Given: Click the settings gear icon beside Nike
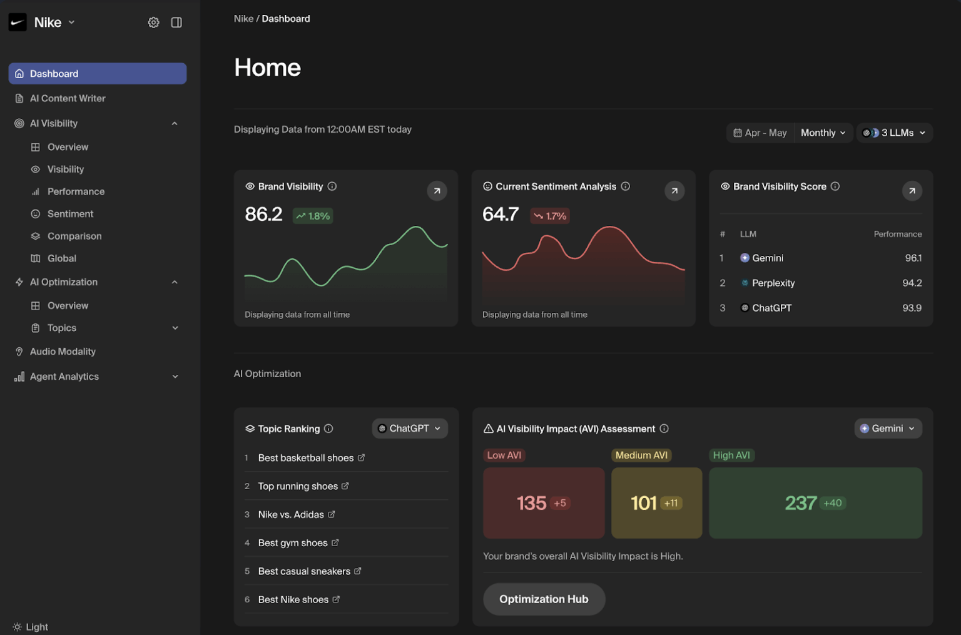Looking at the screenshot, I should coord(153,23).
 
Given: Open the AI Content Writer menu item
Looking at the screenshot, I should coord(68,98).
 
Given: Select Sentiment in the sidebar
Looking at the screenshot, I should coord(70,214).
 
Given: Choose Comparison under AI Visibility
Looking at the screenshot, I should coord(74,236).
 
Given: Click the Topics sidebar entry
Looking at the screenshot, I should coord(62,328).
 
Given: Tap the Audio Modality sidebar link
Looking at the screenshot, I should coord(63,352).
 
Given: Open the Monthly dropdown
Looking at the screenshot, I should coord(823,133).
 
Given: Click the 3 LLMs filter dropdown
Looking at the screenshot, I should coord(894,133).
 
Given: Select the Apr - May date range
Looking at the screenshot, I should coord(760,133).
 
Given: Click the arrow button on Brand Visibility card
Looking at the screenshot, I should coord(437,191).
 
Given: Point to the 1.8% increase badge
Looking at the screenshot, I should coord(313,216).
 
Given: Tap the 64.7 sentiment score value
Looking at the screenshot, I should coord(500,215).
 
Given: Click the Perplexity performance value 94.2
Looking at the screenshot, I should coord(912,283).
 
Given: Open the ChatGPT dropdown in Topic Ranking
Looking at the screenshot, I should coord(410,429).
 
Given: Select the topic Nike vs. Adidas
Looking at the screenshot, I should coord(291,514).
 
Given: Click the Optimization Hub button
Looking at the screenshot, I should coord(544,599).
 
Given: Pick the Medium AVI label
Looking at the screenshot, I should coord(641,455).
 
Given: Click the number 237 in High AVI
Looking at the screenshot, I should coord(800,503).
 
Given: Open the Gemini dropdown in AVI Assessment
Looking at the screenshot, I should coord(888,429).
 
